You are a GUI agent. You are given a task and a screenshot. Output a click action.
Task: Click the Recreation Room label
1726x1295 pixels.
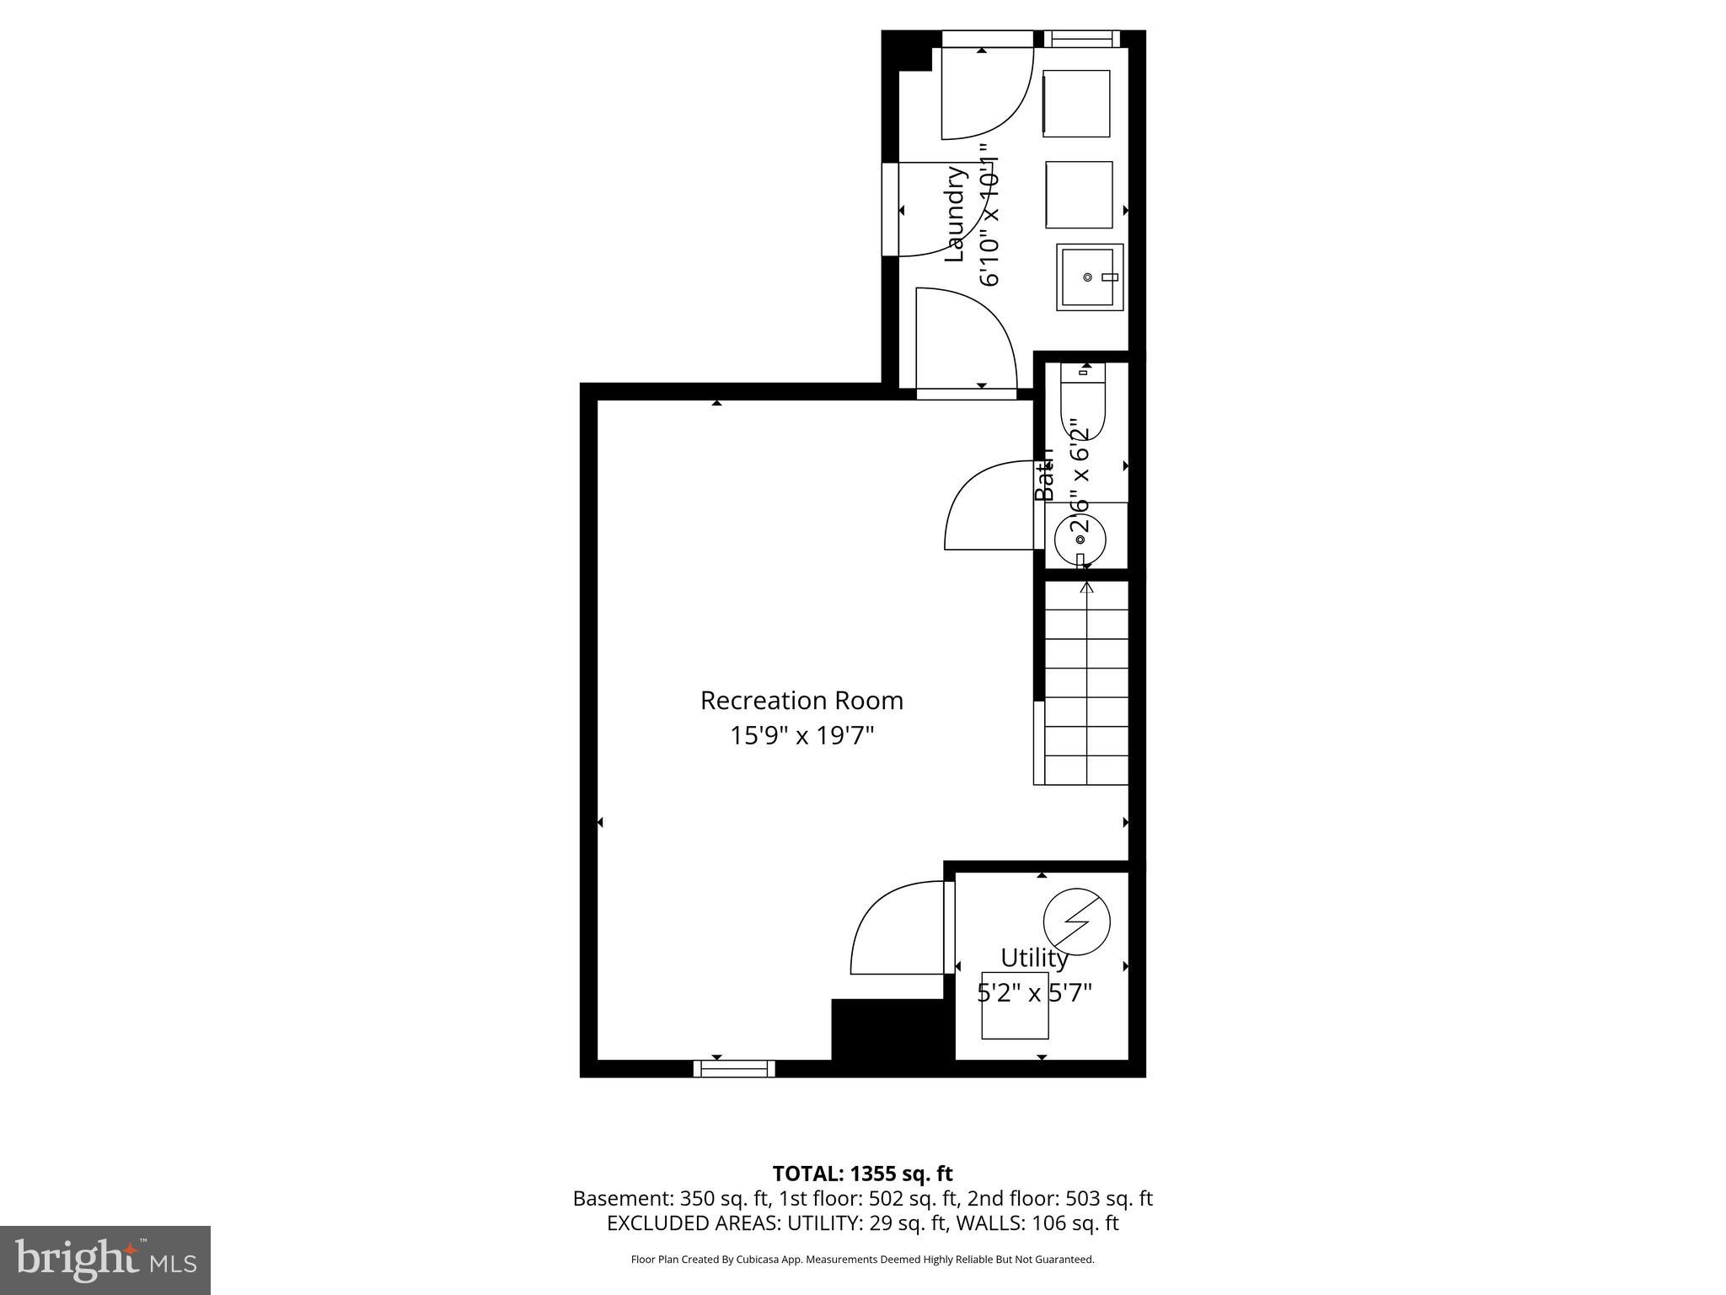coord(801,701)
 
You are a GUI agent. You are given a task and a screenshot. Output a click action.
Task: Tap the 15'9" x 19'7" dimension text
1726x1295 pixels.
coord(801,736)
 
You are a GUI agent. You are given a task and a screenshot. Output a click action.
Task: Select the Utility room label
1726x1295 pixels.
coord(1034,958)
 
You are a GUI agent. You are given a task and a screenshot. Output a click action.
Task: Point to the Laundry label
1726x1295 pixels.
coord(954,214)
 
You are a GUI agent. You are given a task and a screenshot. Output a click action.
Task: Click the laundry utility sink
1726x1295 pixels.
coord(1090,277)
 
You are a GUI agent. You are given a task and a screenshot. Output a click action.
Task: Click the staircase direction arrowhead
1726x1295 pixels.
coord(1086,588)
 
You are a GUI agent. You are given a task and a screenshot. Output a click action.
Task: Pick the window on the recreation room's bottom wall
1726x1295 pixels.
coord(734,1068)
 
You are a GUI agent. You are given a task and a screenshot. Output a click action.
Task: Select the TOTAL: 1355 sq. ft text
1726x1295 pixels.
coord(862,1174)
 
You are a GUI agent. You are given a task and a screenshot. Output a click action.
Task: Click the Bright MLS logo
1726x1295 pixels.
coord(105,1260)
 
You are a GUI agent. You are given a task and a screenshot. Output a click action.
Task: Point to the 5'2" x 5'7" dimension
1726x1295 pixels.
coord(1034,993)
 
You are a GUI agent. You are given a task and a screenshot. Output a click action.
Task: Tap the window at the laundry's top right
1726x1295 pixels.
coord(1082,39)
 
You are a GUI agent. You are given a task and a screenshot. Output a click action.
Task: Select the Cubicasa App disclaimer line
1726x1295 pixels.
coord(862,1260)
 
